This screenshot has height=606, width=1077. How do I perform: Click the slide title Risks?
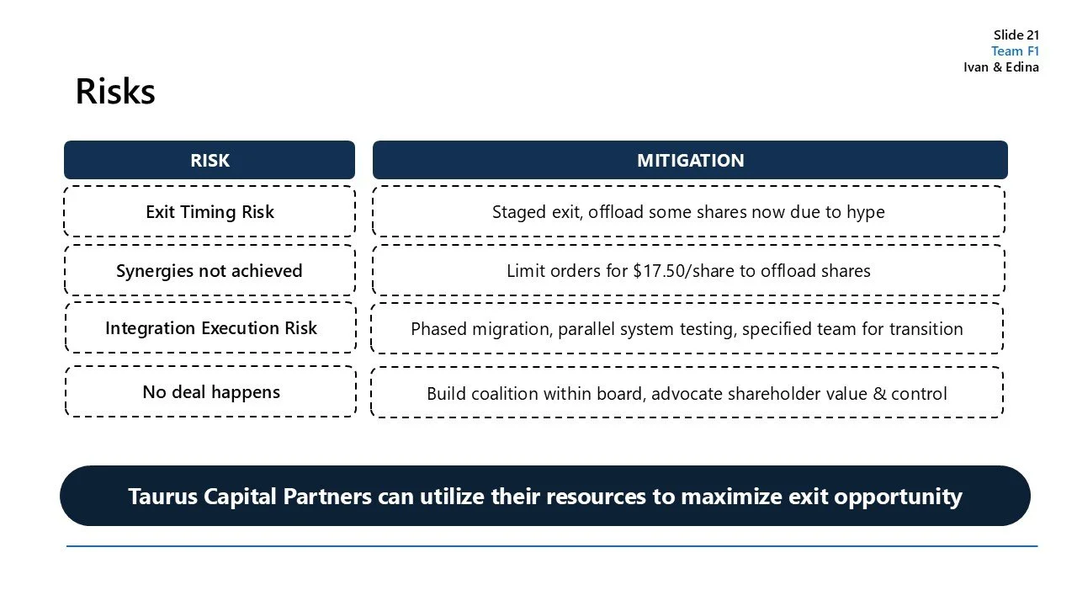coord(115,92)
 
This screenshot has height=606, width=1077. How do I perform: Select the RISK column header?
coord(210,160)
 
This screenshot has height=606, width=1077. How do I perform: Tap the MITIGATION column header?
coord(690,160)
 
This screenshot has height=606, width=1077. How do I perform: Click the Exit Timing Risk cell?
coord(210,211)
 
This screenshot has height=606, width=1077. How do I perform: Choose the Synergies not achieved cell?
coord(210,270)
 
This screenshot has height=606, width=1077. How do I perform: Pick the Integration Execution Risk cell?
coord(210,328)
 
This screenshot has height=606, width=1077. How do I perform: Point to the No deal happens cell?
coord(210,392)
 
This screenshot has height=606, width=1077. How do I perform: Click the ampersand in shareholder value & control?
coord(880,393)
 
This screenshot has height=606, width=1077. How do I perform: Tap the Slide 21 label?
coord(1016,35)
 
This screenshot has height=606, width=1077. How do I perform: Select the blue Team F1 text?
coord(1015,50)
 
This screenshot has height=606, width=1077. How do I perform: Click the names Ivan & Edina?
coord(1000,67)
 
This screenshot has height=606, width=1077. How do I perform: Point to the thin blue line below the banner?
coord(552,546)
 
